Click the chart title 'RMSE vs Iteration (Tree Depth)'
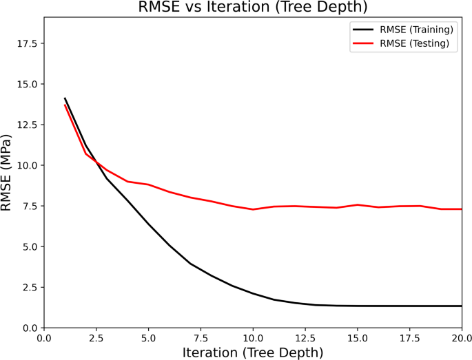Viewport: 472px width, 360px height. [x=252, y=8]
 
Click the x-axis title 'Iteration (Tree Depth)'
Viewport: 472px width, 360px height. [x=252, y=352]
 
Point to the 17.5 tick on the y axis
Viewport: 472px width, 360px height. [x=27, y=43]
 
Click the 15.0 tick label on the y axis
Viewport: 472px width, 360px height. [x=27, y=84]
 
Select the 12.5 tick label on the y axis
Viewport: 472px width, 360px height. [x=27, y=125]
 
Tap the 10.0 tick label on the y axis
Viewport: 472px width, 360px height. [x=27, y=165]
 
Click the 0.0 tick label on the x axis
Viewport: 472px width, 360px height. [x=44, y=337]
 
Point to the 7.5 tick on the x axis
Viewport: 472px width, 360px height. [x=201, y=337]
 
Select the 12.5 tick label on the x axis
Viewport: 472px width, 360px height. [x=305, y=337]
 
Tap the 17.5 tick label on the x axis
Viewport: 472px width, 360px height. [x=409, y=337]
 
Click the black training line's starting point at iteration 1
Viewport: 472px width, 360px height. [x=65, y=98]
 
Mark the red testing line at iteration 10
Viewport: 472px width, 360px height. [x=253, y=209]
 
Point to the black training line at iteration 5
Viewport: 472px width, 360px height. [x=148, y=224]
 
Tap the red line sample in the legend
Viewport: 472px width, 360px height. [x=363, y=43]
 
